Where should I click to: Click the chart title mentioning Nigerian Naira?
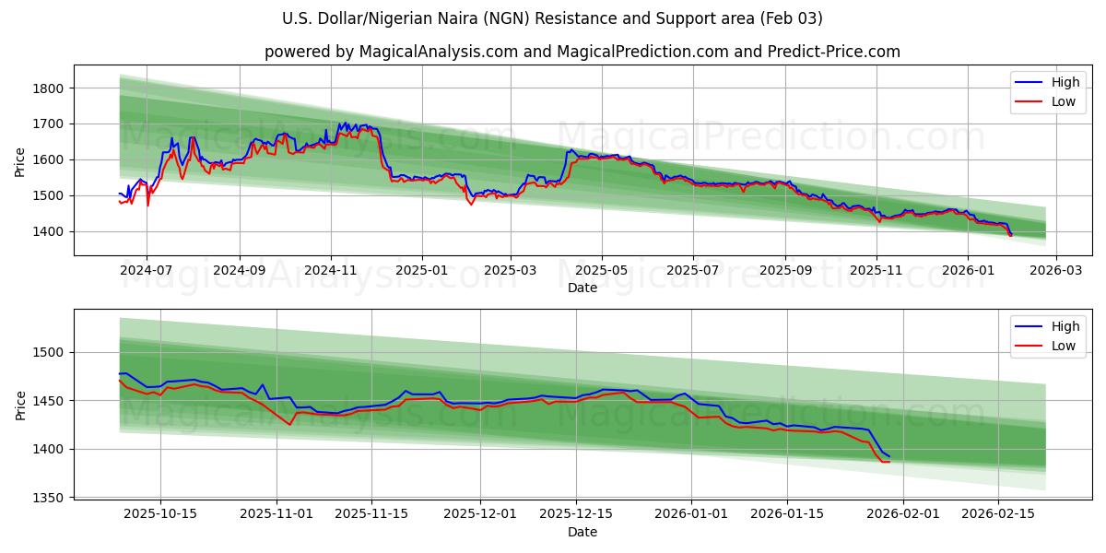[x=552, y=18]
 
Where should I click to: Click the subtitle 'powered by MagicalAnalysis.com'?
[x=582, y=52]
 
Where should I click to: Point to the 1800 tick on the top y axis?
[x=48, y=88]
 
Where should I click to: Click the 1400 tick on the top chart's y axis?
[x=48, y=231]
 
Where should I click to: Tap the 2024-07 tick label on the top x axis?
[x=147, y=271]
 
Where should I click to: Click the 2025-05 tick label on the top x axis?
[x=602, y=271]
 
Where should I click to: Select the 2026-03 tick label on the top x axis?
[x=1055, y=271]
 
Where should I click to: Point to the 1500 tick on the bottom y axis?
[x=48, y=353]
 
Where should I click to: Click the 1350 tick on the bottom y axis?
[x=48, y=498]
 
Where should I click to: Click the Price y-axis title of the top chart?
[x=20, y=162]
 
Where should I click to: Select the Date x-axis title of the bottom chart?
[x=582, y=532]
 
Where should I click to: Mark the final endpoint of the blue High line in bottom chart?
[x=889, y=457]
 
